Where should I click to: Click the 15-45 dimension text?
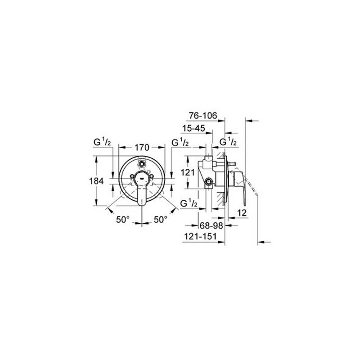pos(194,129)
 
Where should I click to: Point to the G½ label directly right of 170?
pos(180,143)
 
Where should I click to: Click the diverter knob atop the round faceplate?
pos(141,163)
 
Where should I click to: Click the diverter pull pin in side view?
pos(232,165)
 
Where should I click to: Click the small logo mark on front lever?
pos(141,179)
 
